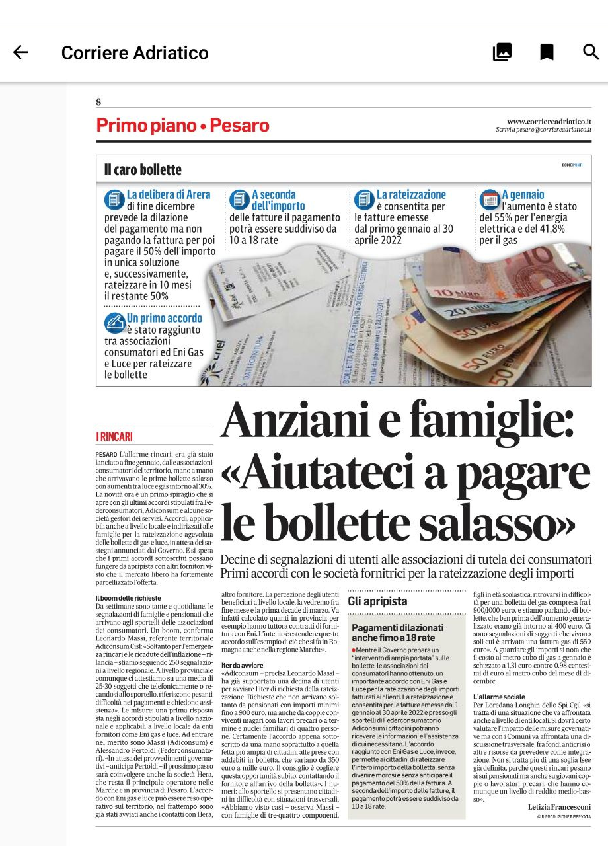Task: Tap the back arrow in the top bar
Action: (20, 52)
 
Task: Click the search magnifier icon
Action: (591, 52)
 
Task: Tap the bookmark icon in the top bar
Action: (547, 52)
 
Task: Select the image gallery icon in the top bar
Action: (502, 52)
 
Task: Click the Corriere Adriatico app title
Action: (135, 53)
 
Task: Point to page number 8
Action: (98, 102)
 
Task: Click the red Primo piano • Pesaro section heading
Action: (182, 125)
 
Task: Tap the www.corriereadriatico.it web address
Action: (549, 121)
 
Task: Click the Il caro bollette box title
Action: (143, 170)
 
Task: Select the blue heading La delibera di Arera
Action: (169, 194)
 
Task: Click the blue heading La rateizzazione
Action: (411, 194)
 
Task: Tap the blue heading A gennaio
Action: (523, 194)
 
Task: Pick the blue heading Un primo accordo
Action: (165, 318)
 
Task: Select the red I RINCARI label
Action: (114, 436)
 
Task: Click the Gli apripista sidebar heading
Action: (377, 601)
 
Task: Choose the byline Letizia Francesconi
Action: (559, 807)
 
